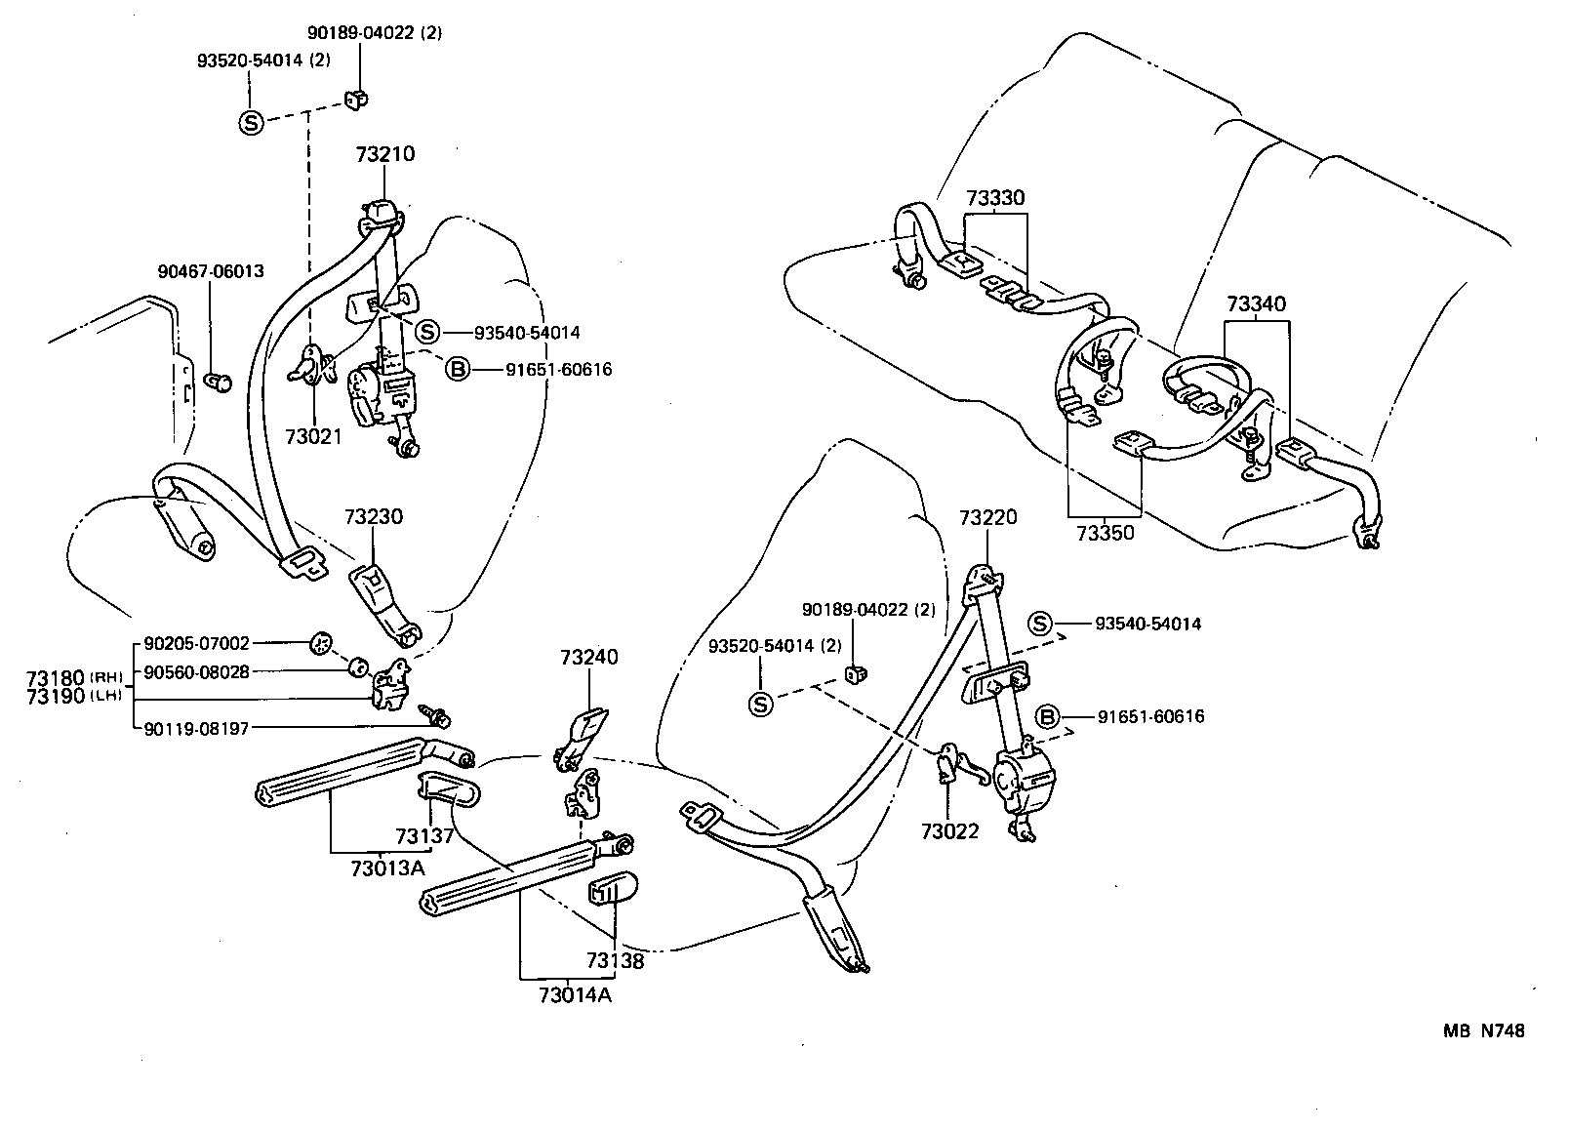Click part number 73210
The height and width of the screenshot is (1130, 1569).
click(x=384, y=154)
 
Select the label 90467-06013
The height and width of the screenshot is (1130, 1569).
click(x=211, y=271)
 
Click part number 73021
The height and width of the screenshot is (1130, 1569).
click(x=314, y=436)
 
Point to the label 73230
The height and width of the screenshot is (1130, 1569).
click(x=373, y=516)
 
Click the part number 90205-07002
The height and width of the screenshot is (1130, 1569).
click(x=196, y=643)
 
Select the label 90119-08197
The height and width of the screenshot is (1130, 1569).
click(x=196, y=727)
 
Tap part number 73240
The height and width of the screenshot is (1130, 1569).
click(x=588, y=657)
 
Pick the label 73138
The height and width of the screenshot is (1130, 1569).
click(x=616, y=960)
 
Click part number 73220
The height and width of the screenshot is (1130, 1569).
click(x=987, y=517)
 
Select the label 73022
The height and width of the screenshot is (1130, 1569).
click(x=949, y=831)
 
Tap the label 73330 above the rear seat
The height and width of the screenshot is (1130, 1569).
click(x=995, y=198)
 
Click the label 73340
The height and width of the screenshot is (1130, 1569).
click(x=1256, y=304)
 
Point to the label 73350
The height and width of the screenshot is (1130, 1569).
click(x=1106, y=533)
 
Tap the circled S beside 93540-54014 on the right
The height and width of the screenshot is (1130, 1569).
click(x=1041, y=624)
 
